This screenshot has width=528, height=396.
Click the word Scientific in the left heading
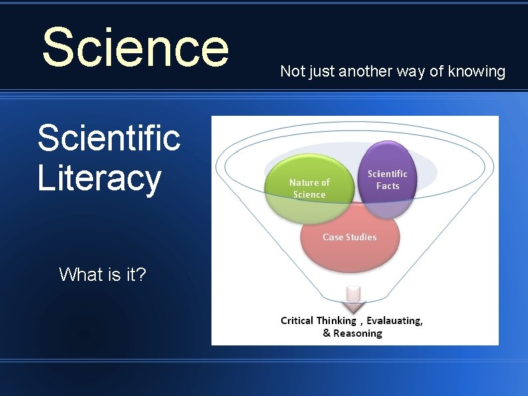(108, 138)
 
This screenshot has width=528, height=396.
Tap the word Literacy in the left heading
(99, 178)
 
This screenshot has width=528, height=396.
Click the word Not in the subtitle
(292, 71)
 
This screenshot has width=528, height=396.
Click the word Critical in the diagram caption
(297, 321)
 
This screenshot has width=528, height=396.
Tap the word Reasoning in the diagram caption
(358, 333)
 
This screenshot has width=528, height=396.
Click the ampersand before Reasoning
(327, 333)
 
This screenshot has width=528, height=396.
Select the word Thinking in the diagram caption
(336, 321)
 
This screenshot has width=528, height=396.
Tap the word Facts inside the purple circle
(388, 186)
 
